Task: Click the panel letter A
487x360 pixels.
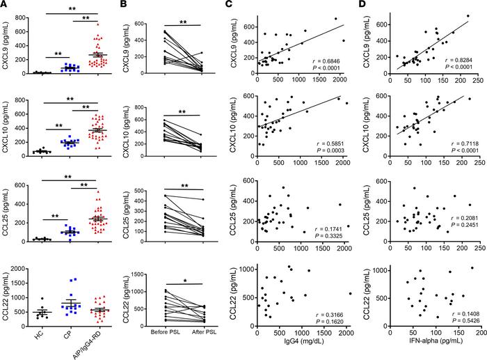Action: tap(6, 6)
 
